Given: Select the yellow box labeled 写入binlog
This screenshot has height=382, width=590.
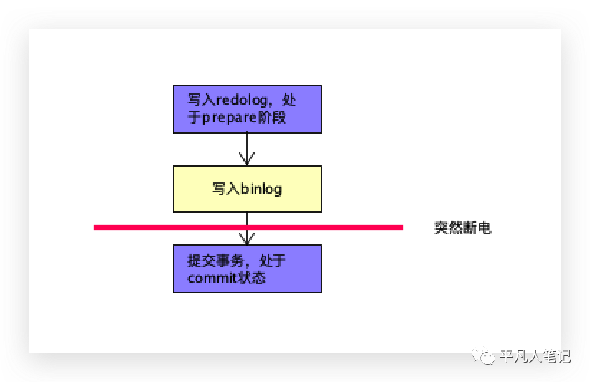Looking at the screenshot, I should click(247, 189).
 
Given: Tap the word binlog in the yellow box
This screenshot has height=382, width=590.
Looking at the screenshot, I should click(261, 190).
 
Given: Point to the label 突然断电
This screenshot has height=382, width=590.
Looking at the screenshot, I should click(462, 228).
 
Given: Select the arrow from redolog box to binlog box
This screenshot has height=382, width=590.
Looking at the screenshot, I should click(247, 149).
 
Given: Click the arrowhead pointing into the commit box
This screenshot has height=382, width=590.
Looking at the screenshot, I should click(247, 238).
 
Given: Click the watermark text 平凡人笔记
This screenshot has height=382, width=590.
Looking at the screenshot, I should click(535, 356).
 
